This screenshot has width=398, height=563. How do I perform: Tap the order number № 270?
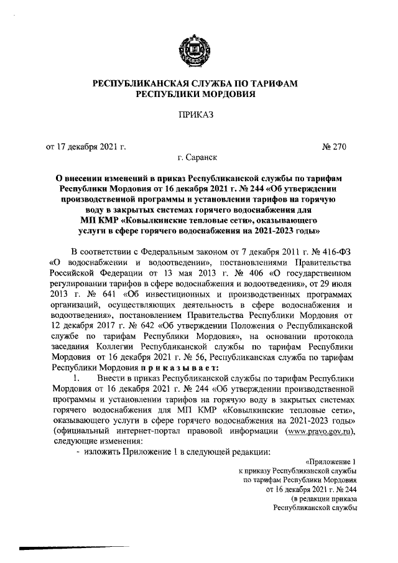pos(333,147)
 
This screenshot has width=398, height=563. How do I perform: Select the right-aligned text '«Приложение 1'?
pos(331,462)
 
